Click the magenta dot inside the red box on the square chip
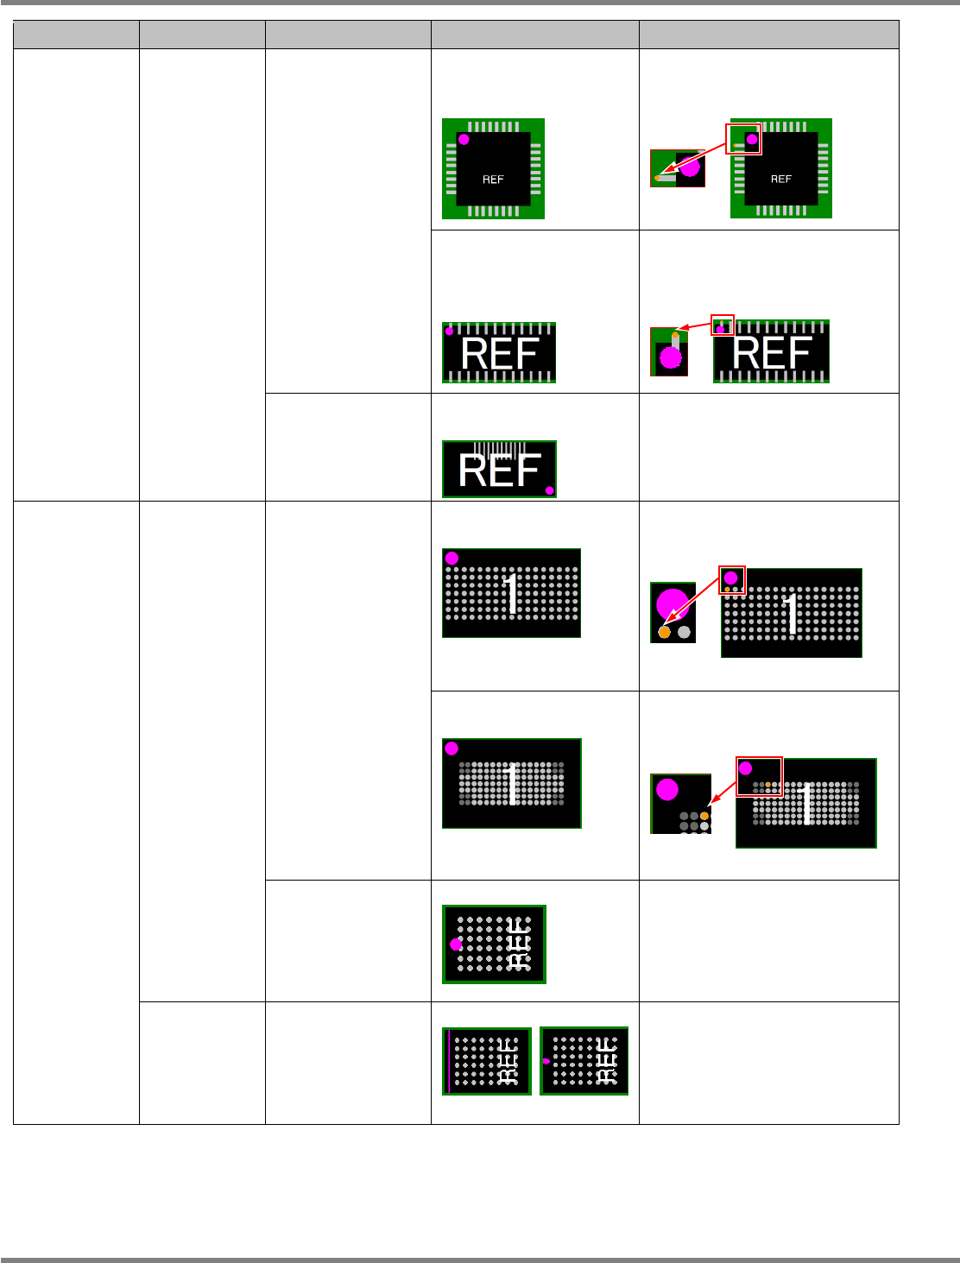[x=752, y=139]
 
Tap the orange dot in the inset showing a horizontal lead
[x=658, y=178]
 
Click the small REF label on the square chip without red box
[x=493, y=180]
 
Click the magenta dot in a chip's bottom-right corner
[x=549, y=490]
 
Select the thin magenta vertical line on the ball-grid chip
[x=449, y=1061]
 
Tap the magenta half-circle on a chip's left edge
[x=546, y=1061]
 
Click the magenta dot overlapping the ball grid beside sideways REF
[x=456, y=944]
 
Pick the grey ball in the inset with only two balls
[x=685, y=632]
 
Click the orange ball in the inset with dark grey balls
[x=704, y=816]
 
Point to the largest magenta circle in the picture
[x=673, y=603]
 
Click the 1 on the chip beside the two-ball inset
[x=792, y=613]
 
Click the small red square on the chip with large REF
[x=722, y=325]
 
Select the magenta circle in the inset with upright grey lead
[x=671, y=357]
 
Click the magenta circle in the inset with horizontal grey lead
[x=690, y=167]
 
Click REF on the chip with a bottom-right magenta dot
[x=499, y=470]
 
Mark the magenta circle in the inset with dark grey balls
[x=666, y=789]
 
